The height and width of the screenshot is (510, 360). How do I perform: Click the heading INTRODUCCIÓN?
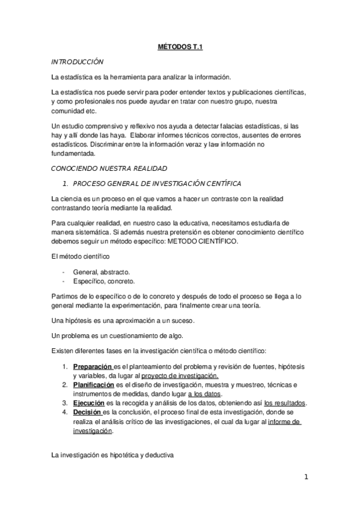[x=78, y=61]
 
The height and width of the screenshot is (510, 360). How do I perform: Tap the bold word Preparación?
[x=93, y=366]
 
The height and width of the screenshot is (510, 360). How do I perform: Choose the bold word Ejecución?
[x=88, y=403]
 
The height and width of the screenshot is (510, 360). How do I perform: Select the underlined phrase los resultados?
[x=285, y=403]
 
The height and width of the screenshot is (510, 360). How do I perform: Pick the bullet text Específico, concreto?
[x=104, y=281]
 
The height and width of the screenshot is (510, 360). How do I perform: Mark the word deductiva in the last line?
[x=157, y=456]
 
